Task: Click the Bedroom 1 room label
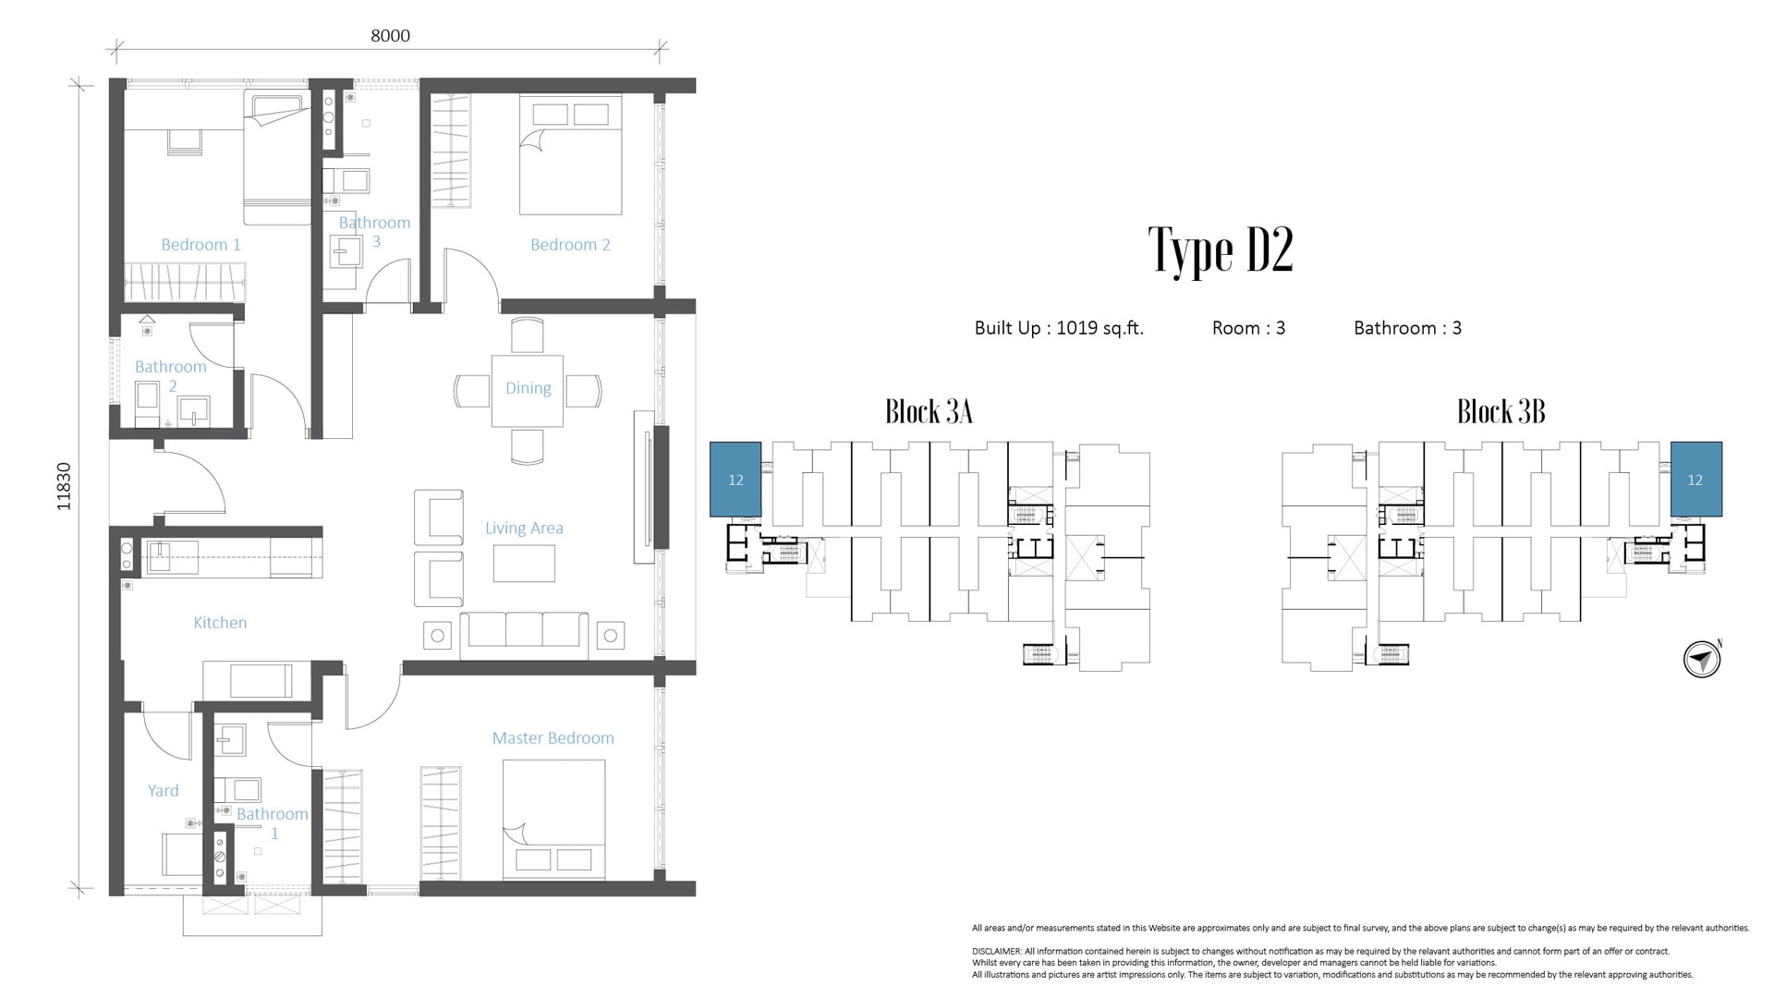200,245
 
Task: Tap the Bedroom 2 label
570,245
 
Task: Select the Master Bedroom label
553,738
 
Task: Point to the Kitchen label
220,623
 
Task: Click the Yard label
164,791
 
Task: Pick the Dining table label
528,389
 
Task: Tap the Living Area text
524,529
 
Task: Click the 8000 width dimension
390,36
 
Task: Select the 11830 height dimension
64,486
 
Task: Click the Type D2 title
1221,249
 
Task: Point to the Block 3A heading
929,411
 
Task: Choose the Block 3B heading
1501,411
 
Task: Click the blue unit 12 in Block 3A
735,480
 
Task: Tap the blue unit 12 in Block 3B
1695,480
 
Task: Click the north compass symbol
1701,660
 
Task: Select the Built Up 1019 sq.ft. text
1059,328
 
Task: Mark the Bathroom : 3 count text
1407,328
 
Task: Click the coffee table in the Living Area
524,564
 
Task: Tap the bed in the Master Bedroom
553,821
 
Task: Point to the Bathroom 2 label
170,376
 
